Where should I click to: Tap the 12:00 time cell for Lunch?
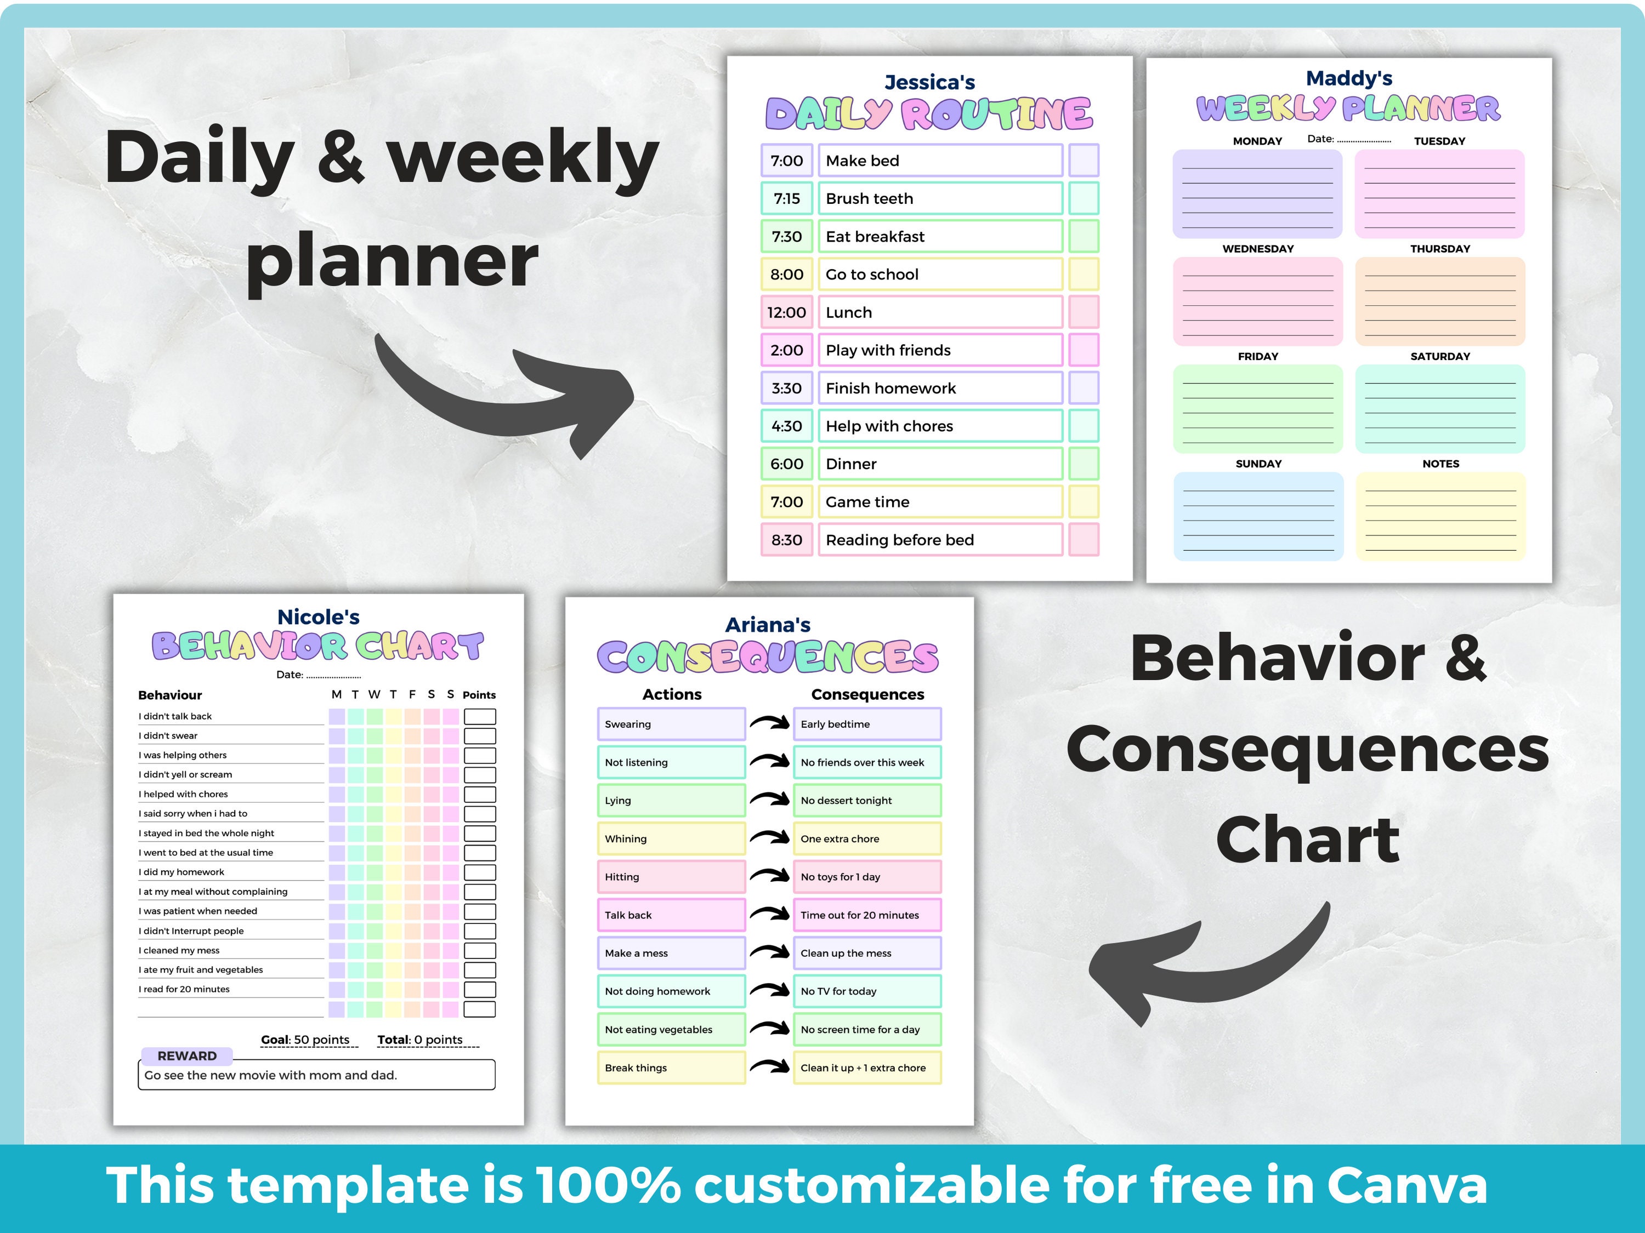pyautogui.click(x=787, y=312)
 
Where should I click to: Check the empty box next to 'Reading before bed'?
pyautogui.click(x=1084, y=540)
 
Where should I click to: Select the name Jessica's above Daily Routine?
pyautogui.click(x=929, y=83)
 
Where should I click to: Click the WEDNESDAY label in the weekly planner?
pyautogui.click(x=1257, y=249)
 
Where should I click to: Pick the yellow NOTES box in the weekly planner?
pyautogui.click(x=1440, y=517)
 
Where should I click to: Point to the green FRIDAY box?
pyautogui.click(x=1257, y=409)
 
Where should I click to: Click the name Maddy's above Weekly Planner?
pyautogui.click(x=1349, y=78)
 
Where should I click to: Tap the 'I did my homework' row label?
pyautogui.click(x=181, y=872)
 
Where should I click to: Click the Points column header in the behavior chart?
pyautogui.click(x=479, y=695)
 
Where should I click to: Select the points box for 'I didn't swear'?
pyautogui.click(x=480, y=736)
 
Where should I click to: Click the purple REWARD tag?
pyautogui.click(x=186, y=1055)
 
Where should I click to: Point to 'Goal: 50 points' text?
pyautogui.click(x=305, y=1040)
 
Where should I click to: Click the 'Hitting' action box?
pyautogui.click(x=671, y=877)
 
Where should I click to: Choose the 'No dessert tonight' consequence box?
pyautogui.click(x=866, y=801)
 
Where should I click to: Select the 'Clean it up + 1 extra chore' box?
pyautogui.click(x=866, y=1068)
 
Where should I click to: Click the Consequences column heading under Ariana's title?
pyautogui.click(x=867, y=694)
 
